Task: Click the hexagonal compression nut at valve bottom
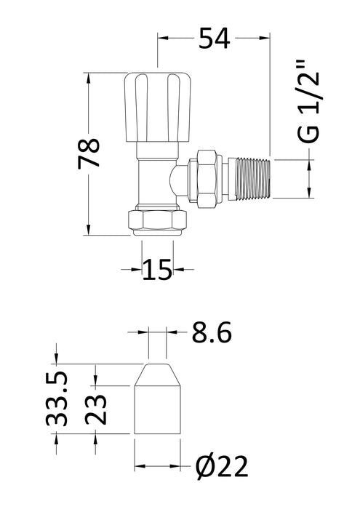157,218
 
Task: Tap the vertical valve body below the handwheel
156,175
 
